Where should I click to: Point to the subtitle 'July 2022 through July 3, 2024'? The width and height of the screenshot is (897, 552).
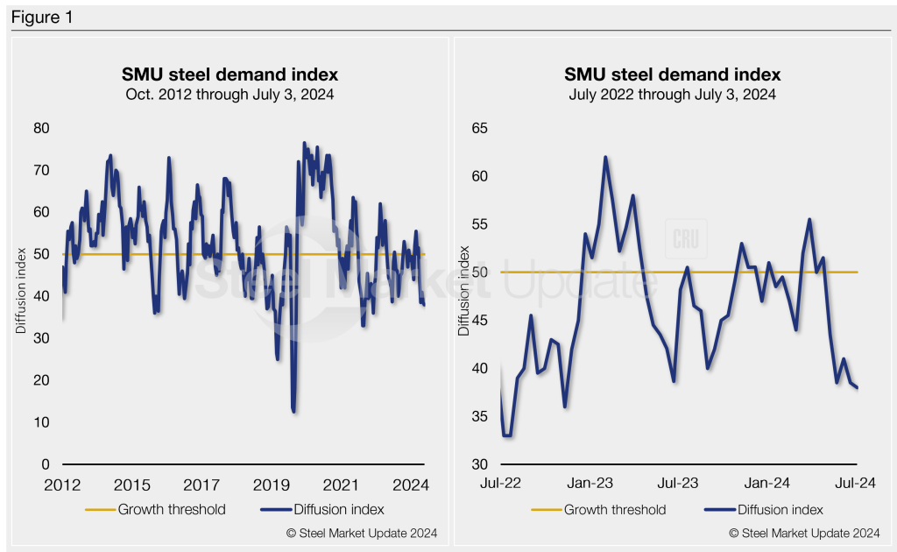pyautogui.click(x=672, y=94)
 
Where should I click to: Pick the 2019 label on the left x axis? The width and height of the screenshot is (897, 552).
pyautogui.click(x=272, y=485)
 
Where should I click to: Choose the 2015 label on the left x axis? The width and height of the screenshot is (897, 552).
pyautogui.click(x=132, y=485)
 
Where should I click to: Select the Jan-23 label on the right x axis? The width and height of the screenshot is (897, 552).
pyautogui.click(x=592, y=483)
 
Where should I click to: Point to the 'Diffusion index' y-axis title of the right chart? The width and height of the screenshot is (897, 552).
pyautogui.click(x=464, y=296)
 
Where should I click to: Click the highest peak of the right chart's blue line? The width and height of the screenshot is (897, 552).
pyautogui.click(x=605, y=158)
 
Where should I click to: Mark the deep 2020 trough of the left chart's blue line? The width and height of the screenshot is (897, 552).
pyautogui.click(x=293, y=410)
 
